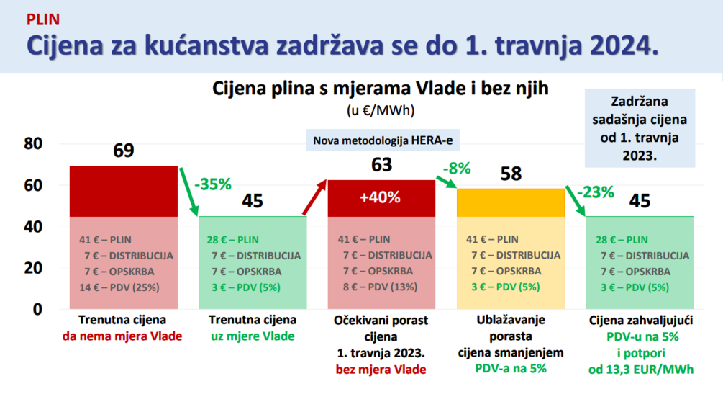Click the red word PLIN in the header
click(x=43, y=19)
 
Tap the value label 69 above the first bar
click(x=124, y=151)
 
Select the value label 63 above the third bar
click(x=381, y=165)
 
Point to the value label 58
click(x=511, y=174)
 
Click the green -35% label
click(x=212, y=184)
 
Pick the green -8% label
click(x=457, y=169)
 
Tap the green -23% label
click(x=595, y=192)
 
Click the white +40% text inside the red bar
click(x=380, y=197)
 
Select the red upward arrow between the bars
click(x=314, y=197)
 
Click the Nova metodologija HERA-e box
click(x=383, y=140)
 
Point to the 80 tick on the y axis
click(x=33, y=143)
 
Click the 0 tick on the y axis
click(x=37, y=309)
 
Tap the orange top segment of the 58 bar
click(x=511, y=202)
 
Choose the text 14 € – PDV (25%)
click(x=119, y=287)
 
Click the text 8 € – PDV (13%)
click(x=380, y=287)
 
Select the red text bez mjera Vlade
click(x=381, y=370)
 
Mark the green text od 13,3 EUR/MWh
click(x=641, y=370)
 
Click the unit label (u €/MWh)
click(x=381, y=110)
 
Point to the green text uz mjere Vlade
click(x=253, y=336)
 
